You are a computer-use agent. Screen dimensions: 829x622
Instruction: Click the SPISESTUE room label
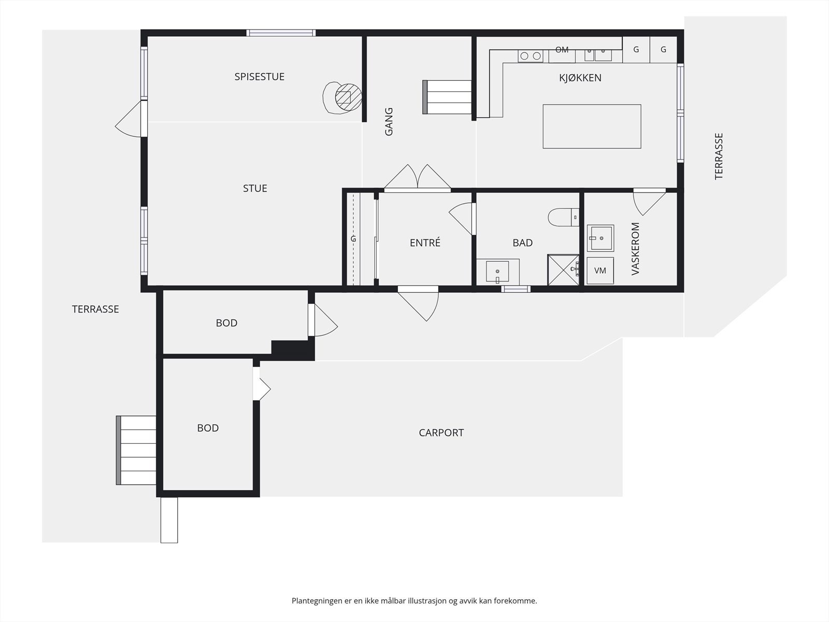click(x=259, y=77)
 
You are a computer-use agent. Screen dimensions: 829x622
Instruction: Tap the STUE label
click(x=255, y=189)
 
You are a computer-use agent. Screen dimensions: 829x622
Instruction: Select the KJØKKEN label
click(x=580, y=78)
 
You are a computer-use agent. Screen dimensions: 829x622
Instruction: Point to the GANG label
click(x=389, y=122)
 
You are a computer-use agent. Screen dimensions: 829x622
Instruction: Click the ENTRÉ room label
click(x=425, y=243)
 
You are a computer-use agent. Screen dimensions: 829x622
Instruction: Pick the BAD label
click(x=522, y=243)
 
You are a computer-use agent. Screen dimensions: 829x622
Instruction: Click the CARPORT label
click(x=441, y=433)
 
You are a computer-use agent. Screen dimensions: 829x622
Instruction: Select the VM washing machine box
click(x=600, y=271)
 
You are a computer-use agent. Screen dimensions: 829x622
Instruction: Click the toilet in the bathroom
click(x=563, y=217)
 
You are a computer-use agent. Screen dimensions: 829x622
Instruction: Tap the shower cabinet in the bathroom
click(x=563, y=270)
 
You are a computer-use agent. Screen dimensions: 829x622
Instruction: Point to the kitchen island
click(x=592, y=126)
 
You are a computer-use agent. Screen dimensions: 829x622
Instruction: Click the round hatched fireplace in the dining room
click(x=348, y=97)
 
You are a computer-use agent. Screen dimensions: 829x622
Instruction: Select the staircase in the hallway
click(x=447, y=97)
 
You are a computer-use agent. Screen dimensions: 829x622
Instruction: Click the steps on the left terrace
click(x=136, y=450)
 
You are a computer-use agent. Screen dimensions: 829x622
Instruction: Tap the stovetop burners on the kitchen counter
click(x=530, y=56)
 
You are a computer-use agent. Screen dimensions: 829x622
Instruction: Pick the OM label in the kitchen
click(x=562, y=50)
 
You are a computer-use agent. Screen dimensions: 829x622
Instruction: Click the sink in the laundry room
click(x=601, y=238)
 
